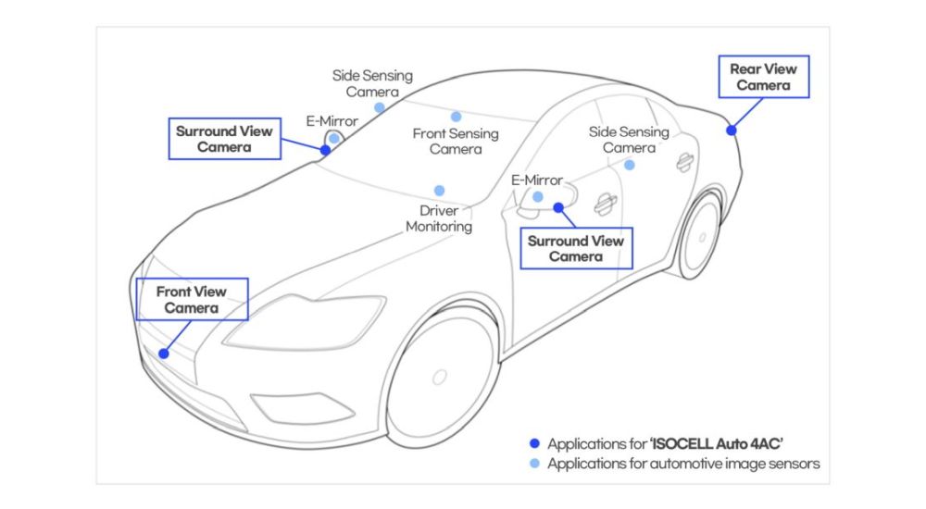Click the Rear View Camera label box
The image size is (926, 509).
tap(763, 77)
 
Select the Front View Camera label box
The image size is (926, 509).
tap(192, 299)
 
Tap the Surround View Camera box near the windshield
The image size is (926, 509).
tap(224, 139)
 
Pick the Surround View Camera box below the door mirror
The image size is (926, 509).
tap(575, 248)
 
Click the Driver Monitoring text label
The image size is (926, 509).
tap(439, 218)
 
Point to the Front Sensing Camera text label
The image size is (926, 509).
tap(456, 141)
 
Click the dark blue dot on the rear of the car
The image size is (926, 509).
tap(731, 130)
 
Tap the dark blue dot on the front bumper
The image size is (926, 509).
tap(164, 353)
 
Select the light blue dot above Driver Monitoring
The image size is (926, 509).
tap(439, 191)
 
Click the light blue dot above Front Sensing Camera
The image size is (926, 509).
tap(456, 117)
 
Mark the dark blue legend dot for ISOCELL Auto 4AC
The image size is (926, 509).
tap(534, 443)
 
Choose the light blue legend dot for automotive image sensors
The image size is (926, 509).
tap(534, 464)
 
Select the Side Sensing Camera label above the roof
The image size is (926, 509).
tap(372, 83)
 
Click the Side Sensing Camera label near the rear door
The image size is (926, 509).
tap(629, 140)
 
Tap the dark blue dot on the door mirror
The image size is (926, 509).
tap(558, 207)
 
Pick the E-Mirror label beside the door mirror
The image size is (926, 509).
tap(537, 180)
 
